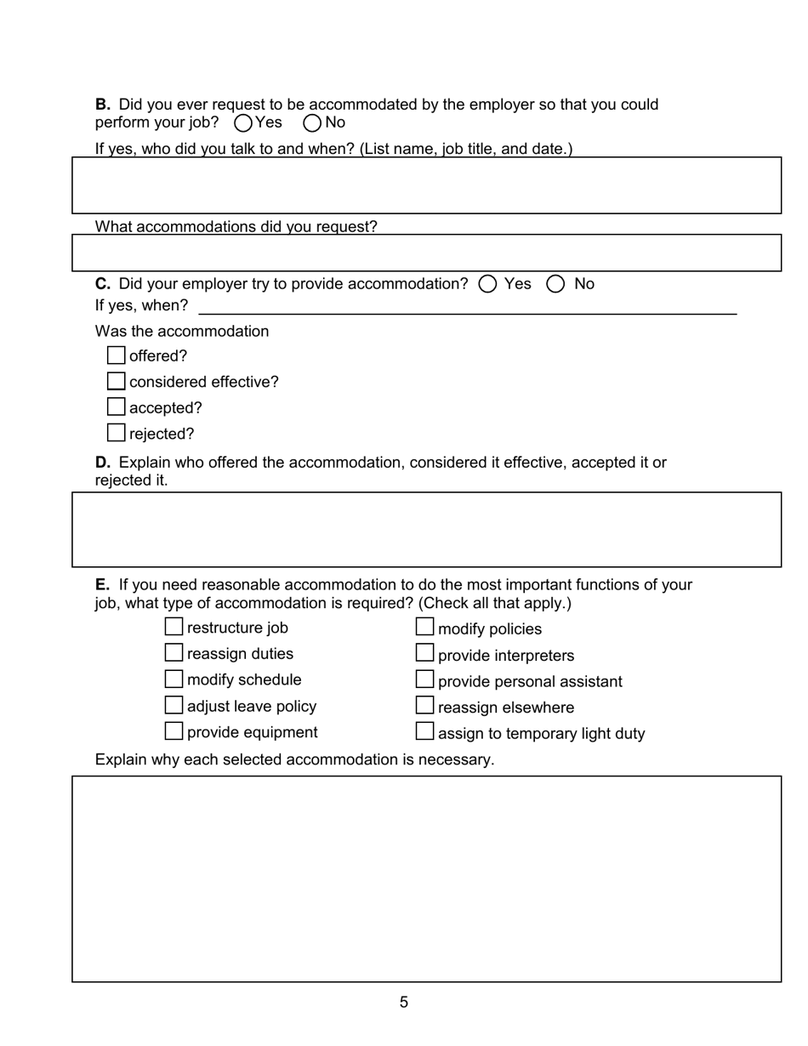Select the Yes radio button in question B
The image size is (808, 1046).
click(x=242, y=123)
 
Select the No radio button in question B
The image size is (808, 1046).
click(x=312, y=123)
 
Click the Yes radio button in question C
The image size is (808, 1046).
click(x=487, y=284)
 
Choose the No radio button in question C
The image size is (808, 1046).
click(x=555, y=284)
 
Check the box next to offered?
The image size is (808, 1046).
click(x=117, y=355)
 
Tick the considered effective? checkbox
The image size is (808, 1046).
click(x=117, y=381)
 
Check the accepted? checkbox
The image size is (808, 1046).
click(x=117, y=407)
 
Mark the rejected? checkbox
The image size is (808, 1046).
click(x=117, y=433)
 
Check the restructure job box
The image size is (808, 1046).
click(x=174, y=627)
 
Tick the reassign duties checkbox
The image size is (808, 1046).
click(x=174, y=653)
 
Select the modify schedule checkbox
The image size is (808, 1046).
click(x=174, y=679)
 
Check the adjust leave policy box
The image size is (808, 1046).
click(x=174, y=705)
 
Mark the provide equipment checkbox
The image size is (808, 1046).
click(x=174, y=730)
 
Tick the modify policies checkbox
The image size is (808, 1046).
click(x=424, y=627)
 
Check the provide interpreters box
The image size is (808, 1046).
click(x=424, y=653)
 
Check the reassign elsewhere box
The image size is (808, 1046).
click(x=424, y=705)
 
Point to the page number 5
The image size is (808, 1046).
click(x=404, y=1003)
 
